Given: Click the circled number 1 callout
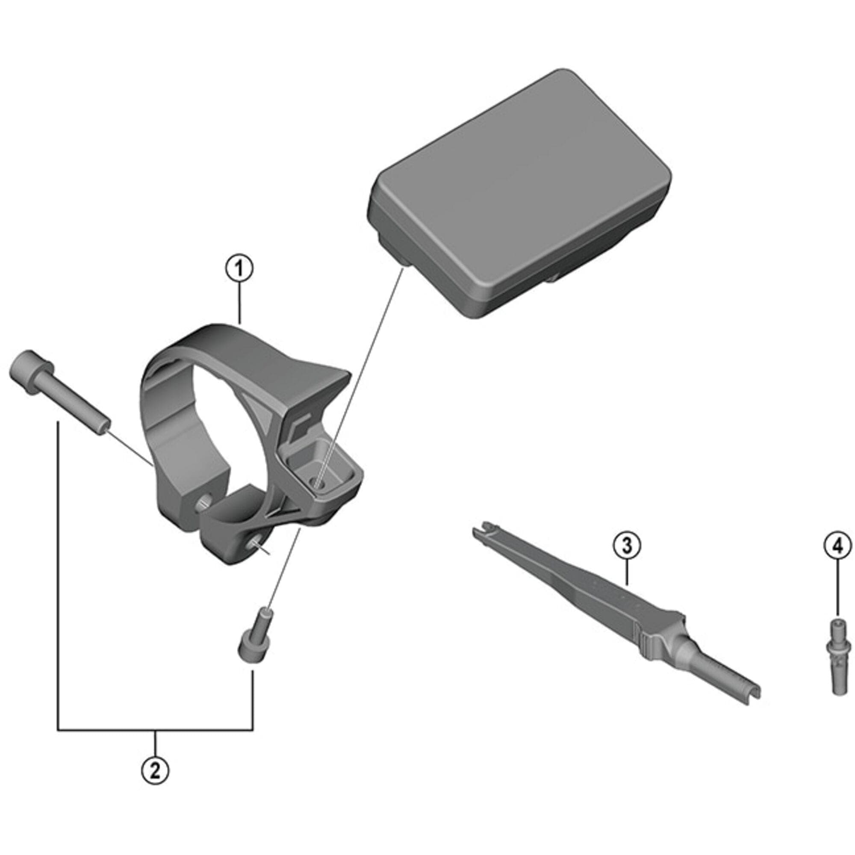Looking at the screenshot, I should pos(239,270).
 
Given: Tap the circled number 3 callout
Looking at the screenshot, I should pos(627,546).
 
